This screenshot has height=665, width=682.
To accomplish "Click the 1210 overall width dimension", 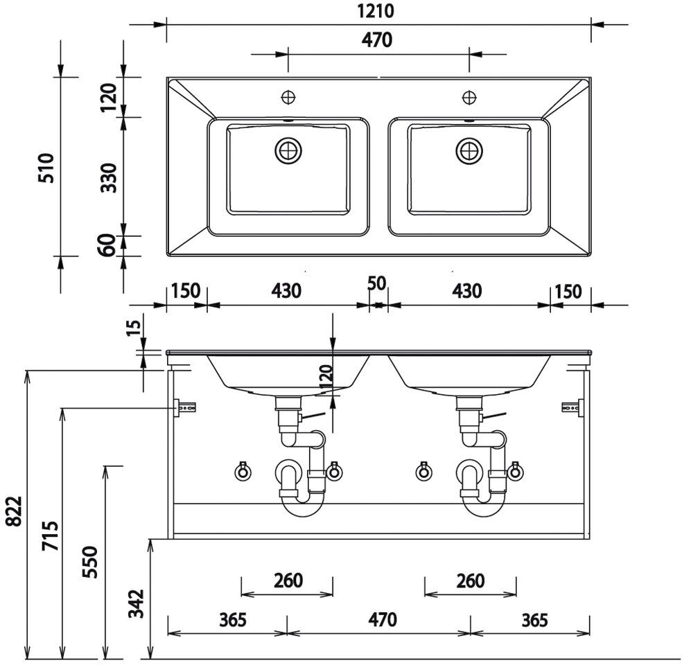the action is [376, 11].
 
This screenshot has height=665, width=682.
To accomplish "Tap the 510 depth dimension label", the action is [46, 168].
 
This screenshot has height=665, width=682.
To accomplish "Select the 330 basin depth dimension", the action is [109, 177].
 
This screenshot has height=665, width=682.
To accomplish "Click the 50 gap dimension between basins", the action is [376, 283].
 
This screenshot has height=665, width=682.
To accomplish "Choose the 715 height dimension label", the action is [50, 535].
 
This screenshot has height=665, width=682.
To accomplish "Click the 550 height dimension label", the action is [91, 562].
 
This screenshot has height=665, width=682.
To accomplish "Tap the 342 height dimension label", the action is [136, 603].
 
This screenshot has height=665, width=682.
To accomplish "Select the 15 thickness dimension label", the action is [135, 327].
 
